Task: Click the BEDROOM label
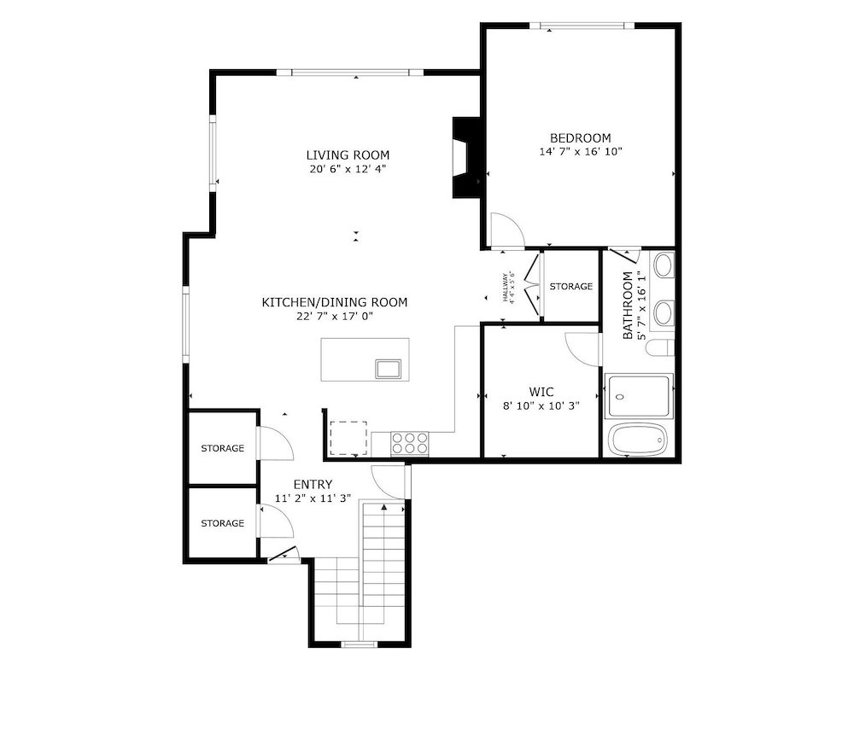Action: (580, 138)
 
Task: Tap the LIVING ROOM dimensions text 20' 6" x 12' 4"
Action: (348, 169)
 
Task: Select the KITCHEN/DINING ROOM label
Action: (334, 302)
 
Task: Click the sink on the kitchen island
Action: (388, 369)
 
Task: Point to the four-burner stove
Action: (409, 442)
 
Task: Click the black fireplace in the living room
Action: (465, 157)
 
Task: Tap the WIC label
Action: (541, 393)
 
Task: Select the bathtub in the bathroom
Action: (638, 440)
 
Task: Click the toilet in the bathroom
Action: (660, 347)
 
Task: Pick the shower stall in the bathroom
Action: (640, 395)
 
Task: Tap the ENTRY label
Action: (313, 485)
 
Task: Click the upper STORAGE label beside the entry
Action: (222, 448)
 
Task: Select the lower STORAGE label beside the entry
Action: (222, 523)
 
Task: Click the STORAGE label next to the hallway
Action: (570, 286)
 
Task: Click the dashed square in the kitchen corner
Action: (348, 439)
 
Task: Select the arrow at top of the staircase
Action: (384, 508)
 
